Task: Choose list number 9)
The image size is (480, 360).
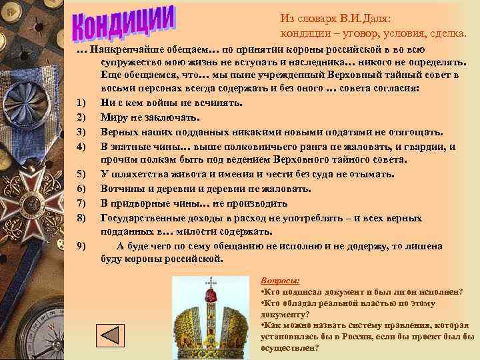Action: coord(81,246)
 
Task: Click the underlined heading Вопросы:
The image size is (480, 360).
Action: coord(279,281)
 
